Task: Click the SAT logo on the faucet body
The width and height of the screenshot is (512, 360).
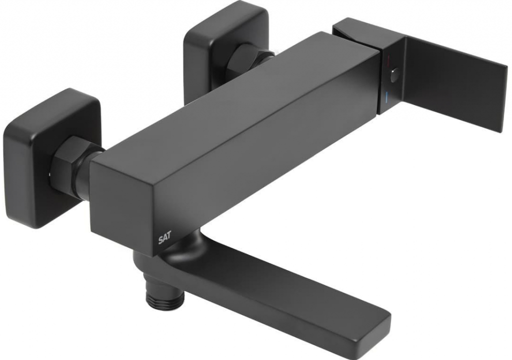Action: point(165,239)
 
